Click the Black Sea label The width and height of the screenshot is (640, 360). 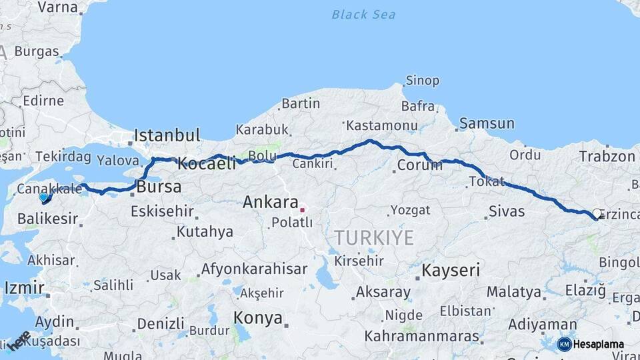(x=363, y=14)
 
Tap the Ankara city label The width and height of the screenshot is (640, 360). (x=270, y=202)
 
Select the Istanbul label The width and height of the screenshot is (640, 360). (x=167, y=135)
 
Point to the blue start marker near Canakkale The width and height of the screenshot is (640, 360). (x=44, y=197)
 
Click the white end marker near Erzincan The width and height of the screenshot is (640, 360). (x=597, y=213)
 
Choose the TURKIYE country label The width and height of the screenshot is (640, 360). (x=374, y=237)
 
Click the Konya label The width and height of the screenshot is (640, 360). (x=258, y=318)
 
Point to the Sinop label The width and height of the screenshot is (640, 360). (x=423, y=81)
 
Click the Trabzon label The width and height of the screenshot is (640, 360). (x=607, y=157)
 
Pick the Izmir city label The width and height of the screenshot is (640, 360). (x=24, y=288)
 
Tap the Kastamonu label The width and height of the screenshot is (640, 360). (x=381, y=125)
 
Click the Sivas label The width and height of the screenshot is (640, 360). (x=507, y=212)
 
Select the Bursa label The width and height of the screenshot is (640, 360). (x=159, y=187)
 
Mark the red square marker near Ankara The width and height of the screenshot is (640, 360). (x=302, y=210)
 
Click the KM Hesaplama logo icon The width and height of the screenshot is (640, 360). (x=564, y=344)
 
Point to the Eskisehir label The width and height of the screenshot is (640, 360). (x=162, y=212)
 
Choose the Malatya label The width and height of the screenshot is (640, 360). (x=513, y=291)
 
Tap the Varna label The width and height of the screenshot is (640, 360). (x=58, y=7)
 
